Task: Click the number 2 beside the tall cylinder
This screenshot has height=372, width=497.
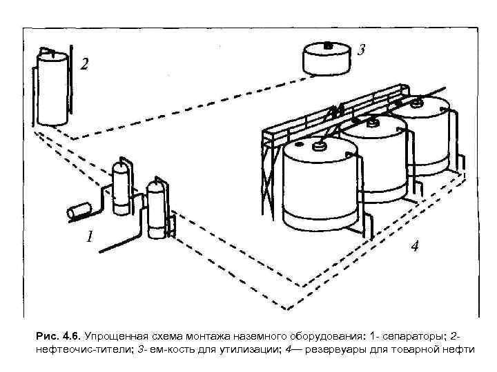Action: click(x=84, y=65)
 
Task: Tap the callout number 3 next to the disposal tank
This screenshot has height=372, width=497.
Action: click(x=362, y=50)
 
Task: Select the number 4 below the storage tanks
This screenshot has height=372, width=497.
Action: click(x=414, y=246)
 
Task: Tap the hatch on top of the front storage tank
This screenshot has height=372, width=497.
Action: click(x=321, y=145)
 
